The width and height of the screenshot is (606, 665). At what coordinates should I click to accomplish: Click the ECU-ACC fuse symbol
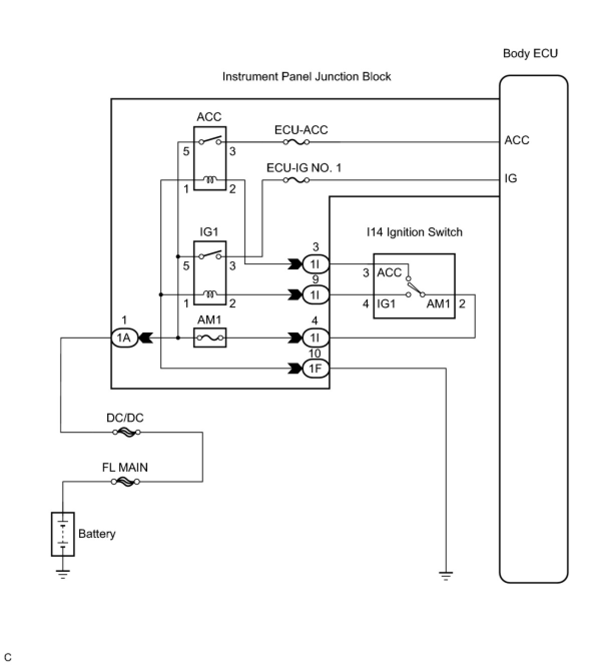coord(296,142)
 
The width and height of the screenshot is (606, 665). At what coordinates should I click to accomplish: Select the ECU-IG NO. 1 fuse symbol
coord(296,180)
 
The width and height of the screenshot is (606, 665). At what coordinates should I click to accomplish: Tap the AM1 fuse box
coord(210,338)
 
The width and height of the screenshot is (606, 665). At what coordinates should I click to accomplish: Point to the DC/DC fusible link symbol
coord(126,432)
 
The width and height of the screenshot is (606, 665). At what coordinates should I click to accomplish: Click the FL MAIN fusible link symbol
coord(125,482)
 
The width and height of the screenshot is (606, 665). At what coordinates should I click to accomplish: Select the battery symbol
coord(63,534)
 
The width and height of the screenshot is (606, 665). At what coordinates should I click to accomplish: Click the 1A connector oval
coord(124,338)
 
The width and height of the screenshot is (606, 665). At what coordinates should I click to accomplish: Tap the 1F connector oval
coord(316,368)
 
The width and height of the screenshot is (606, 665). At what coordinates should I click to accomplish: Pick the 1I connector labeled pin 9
coord(316,294)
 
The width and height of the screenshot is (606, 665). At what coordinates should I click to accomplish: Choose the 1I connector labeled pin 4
coord(316,338)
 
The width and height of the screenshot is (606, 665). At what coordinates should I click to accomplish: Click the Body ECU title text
coord(530,54)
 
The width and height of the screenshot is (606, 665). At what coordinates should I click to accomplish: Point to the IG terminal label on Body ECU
coord(510,179)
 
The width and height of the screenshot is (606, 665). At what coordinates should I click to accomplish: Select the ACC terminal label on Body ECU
coord(516,140)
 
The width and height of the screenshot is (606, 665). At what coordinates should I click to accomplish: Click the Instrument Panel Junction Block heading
coord(307,77)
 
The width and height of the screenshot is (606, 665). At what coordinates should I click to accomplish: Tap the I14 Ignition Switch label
coord(414,232)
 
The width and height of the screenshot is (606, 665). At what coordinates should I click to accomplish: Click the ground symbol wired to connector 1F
coord(445,576)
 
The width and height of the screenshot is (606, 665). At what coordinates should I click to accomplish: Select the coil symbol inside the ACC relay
coord(210,180)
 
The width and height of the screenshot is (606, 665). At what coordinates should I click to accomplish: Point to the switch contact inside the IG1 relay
coord(210,255)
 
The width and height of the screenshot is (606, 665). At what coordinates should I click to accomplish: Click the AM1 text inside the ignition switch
coord(438,303)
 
